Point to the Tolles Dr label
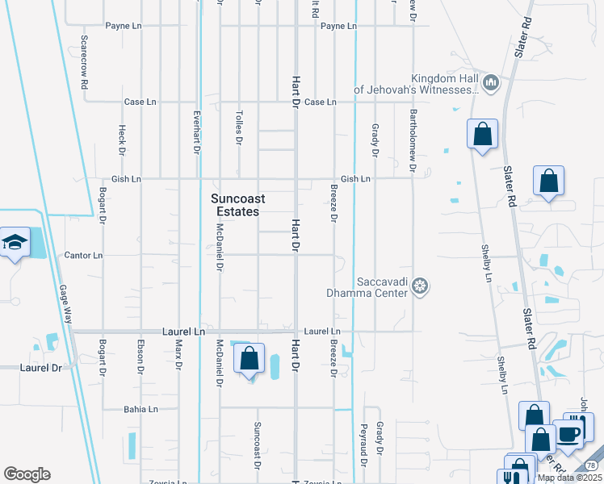239,128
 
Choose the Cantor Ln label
84,256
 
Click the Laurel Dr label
40,368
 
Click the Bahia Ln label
141,409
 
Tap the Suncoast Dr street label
258,445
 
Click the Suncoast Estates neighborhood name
236,205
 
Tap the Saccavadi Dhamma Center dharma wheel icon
419,285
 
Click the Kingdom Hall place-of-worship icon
490,82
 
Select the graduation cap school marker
14,242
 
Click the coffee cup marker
568,433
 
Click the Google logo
27,474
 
